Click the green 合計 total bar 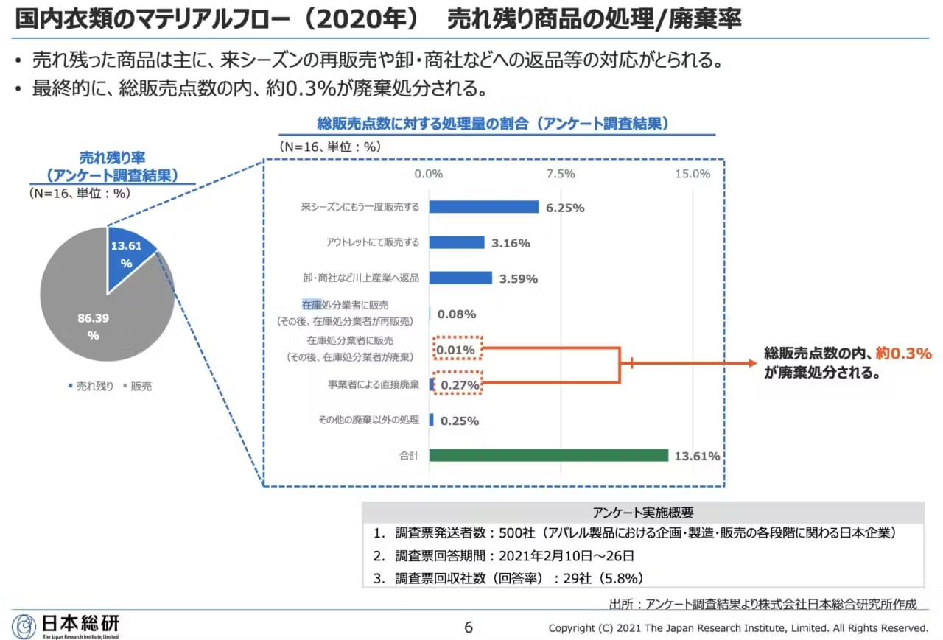[548, 455]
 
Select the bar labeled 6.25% [483, 207]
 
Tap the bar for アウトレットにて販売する [457, 242]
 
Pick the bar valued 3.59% [460, 278]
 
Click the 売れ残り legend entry [91, 386]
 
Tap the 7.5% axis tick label [561, 175]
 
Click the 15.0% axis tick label [693, 175]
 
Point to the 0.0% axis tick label [428, 175]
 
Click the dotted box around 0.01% [458, 348]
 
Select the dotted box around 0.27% [458, 384]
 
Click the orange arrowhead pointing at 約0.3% [751, 363]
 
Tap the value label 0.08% [457, 314]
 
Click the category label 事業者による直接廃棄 [374, 384]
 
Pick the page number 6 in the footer [469, 627]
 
